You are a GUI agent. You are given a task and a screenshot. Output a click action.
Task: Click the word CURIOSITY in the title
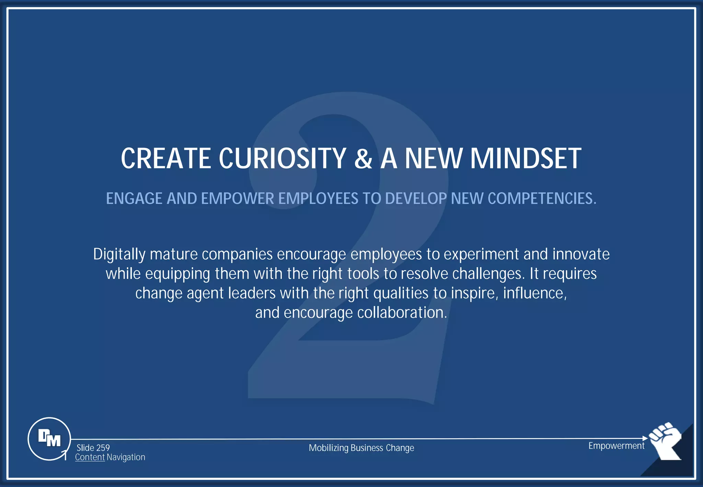[282, 158]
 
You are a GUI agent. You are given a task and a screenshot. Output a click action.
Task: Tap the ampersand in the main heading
[363, 158]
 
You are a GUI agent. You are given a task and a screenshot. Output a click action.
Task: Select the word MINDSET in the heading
[526, 158]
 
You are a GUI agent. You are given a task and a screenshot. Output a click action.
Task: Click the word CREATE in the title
[166, 158]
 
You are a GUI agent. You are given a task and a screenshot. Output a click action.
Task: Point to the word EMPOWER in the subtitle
[237, 199]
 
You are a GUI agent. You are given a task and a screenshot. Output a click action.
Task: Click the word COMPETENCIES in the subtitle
[542, 199]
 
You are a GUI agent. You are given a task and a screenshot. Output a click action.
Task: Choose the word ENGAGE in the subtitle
[134, 199]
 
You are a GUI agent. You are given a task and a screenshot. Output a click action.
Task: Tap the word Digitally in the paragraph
[119, 254]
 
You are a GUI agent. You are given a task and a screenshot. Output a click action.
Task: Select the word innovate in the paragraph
[581, 254]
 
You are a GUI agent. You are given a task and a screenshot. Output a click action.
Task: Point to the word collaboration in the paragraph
[402, 313]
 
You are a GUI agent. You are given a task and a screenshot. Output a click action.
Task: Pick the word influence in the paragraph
[534, 293]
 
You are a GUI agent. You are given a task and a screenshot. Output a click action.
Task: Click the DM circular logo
[49, 439]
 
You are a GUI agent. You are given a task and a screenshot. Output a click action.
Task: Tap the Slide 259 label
[93, 448]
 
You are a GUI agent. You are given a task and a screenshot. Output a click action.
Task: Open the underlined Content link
[90, 457]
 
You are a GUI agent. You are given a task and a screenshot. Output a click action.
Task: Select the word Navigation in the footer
[126, 457]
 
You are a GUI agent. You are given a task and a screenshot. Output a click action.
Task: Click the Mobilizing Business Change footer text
[361, 448]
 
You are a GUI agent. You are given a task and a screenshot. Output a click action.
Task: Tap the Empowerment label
[616, 446]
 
